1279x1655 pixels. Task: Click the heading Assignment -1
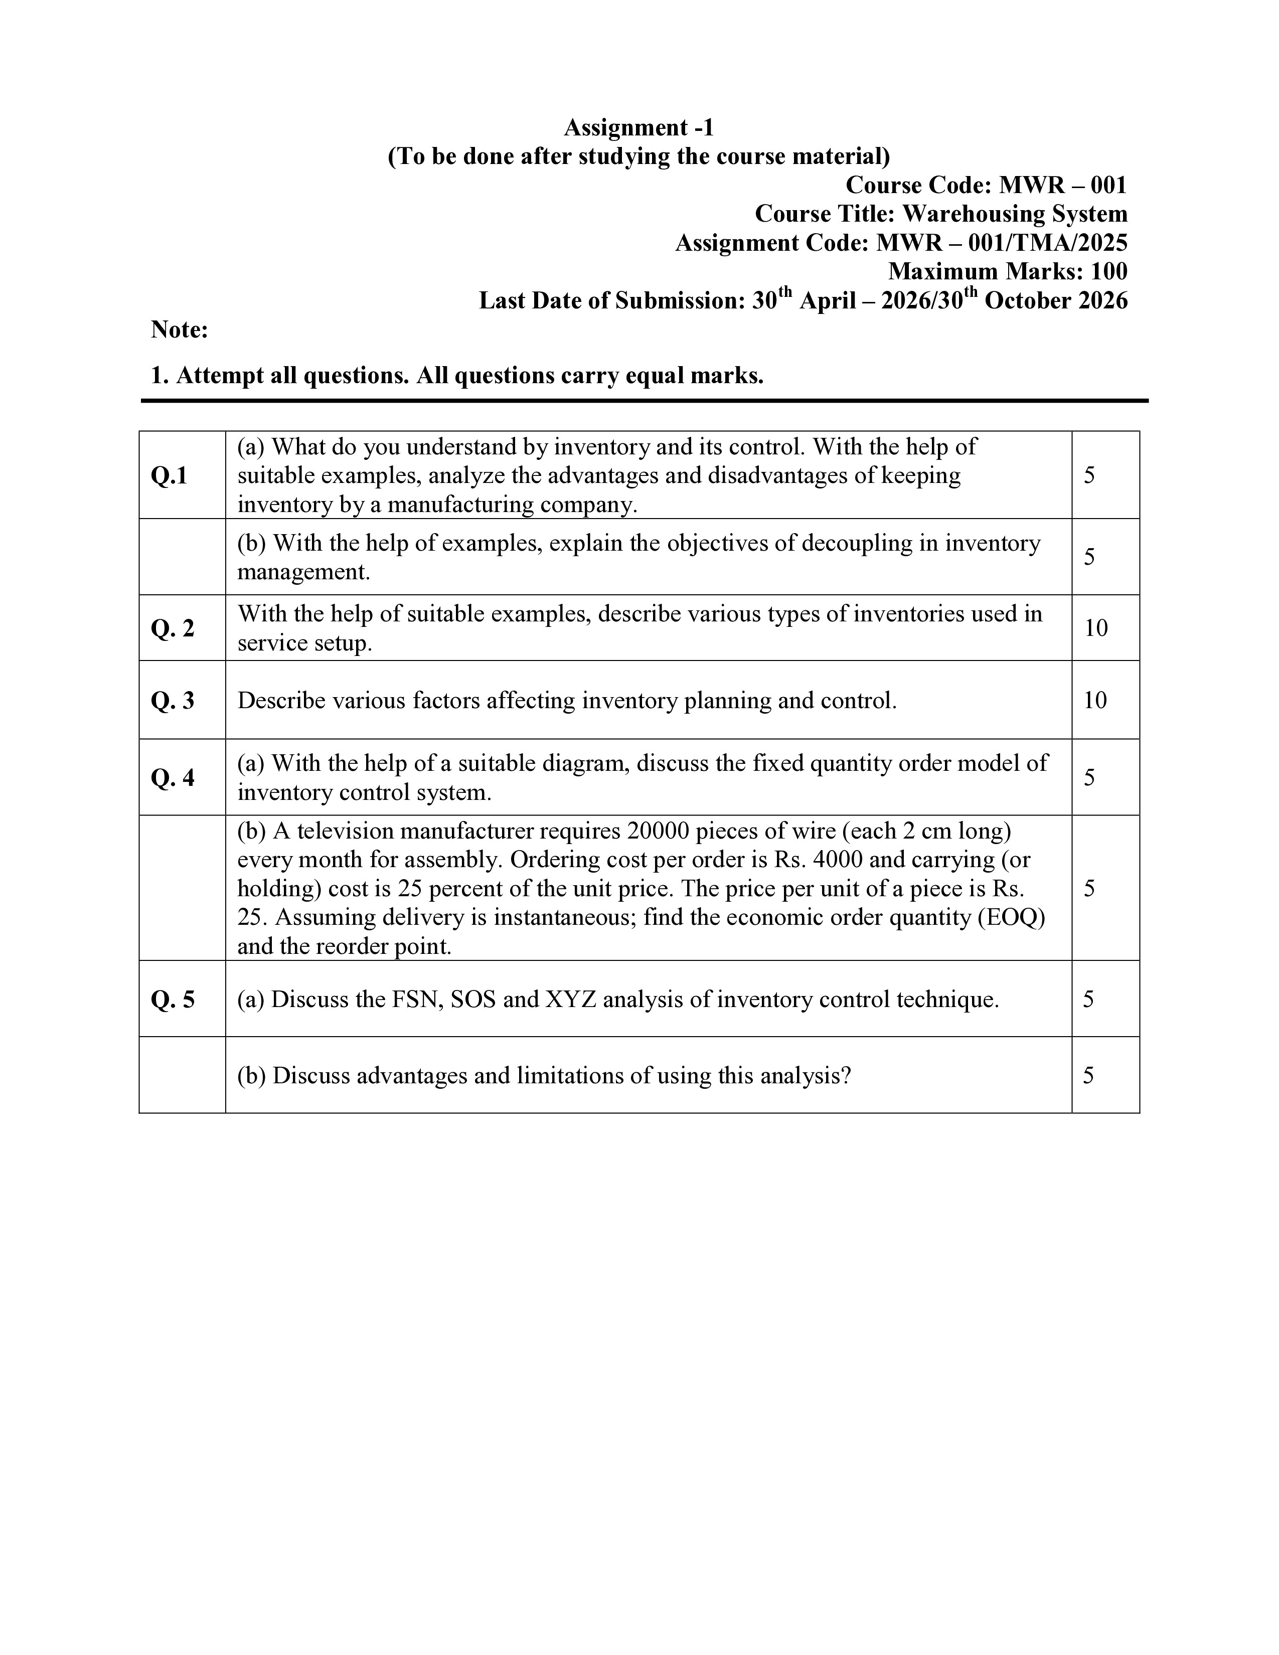638,127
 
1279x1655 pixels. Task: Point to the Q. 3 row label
173,700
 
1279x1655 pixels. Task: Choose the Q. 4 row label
173,777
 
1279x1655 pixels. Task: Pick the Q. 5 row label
173,1000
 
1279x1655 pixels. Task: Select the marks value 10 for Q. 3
1095,700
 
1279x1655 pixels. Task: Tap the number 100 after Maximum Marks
1108,271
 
